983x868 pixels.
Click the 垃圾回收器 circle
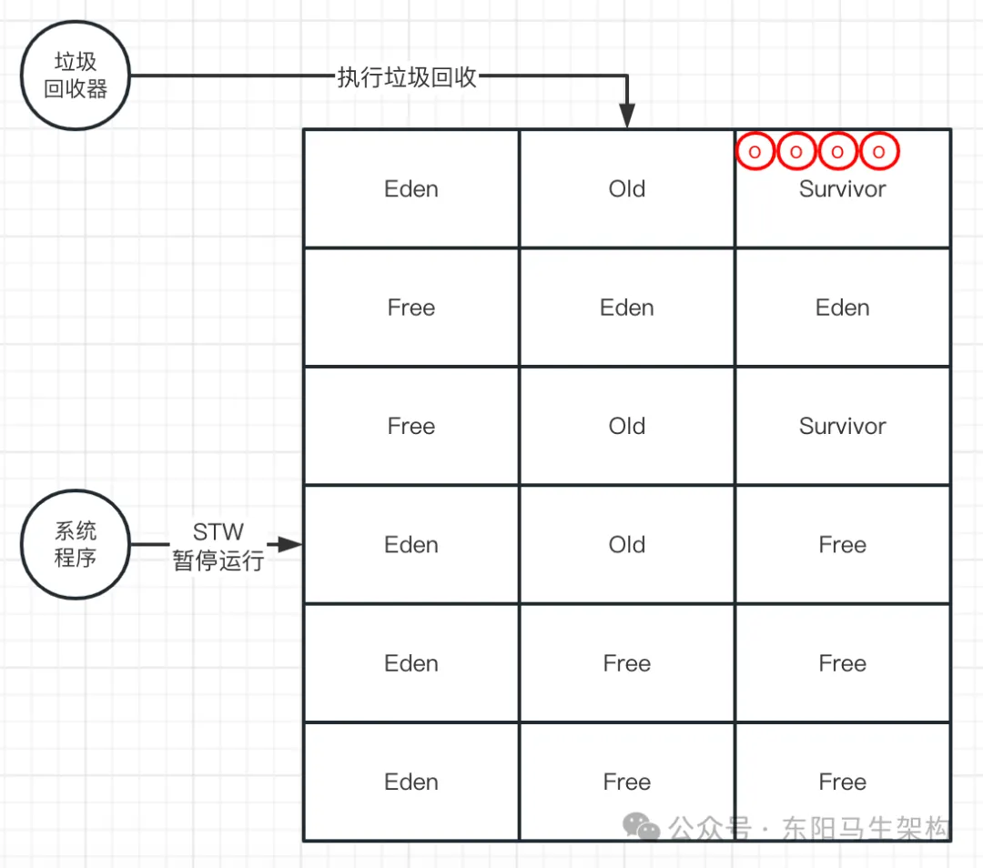coord(76,76)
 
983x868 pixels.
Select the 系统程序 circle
coord(76,544)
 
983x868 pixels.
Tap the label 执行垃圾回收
coord(407,77)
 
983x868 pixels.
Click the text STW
coord(218,532)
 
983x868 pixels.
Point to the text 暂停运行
coord(218,560)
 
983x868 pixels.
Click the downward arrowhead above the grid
coord(627,116)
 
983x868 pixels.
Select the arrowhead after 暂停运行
coord(289,545)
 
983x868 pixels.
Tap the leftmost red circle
coord(755,152)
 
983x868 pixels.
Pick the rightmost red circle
coord(879,152)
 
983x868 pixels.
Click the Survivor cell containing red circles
coord(843,200)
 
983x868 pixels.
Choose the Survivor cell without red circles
coord(843,426)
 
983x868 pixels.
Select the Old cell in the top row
coord(627,188)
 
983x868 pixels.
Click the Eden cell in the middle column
coord(627,308)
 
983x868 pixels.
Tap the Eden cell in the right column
coord(843,308)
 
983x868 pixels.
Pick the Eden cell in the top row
coord(411,188)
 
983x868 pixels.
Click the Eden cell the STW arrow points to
coord(411,545)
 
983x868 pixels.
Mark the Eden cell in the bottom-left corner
coord(411,782)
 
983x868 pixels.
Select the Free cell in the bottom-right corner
coord(843,782)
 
